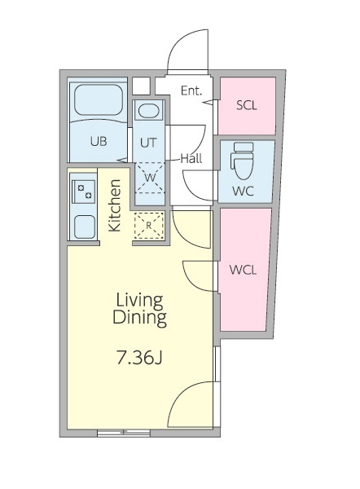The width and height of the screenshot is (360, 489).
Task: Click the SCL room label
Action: click(x=247, y=105)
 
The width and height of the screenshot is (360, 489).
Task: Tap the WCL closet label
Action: click(x=243, y=270)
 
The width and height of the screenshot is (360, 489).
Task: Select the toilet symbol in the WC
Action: click(x=242, y=161)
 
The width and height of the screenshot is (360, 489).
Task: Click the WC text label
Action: click(x=243, y=191)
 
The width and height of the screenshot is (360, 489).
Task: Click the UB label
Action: click(x=99, y=142)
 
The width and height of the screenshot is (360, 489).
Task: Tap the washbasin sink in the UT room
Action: click(x=148, y=111)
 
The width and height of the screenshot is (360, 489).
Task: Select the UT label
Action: click(x=148, y=143)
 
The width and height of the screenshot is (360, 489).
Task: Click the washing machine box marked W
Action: click(x=150, y=178)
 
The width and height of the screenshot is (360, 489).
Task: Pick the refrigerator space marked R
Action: click(x=149, y=226)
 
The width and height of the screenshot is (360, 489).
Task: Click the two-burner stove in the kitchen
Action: click(x=83, y=192)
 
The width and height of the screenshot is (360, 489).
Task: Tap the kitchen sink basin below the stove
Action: click(x=84, y=227)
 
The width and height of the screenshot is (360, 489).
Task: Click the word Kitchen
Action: click(x=114, y=205)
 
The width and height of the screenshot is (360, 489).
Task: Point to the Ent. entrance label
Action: click(x=191, y=90)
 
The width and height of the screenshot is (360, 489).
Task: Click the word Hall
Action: click(x=191, y=159)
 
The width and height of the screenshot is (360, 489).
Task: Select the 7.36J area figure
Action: click(x=139, y=358)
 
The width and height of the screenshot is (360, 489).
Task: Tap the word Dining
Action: click(x=139, y=317)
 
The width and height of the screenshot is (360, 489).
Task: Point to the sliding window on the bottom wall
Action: click(x=124, y=433)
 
